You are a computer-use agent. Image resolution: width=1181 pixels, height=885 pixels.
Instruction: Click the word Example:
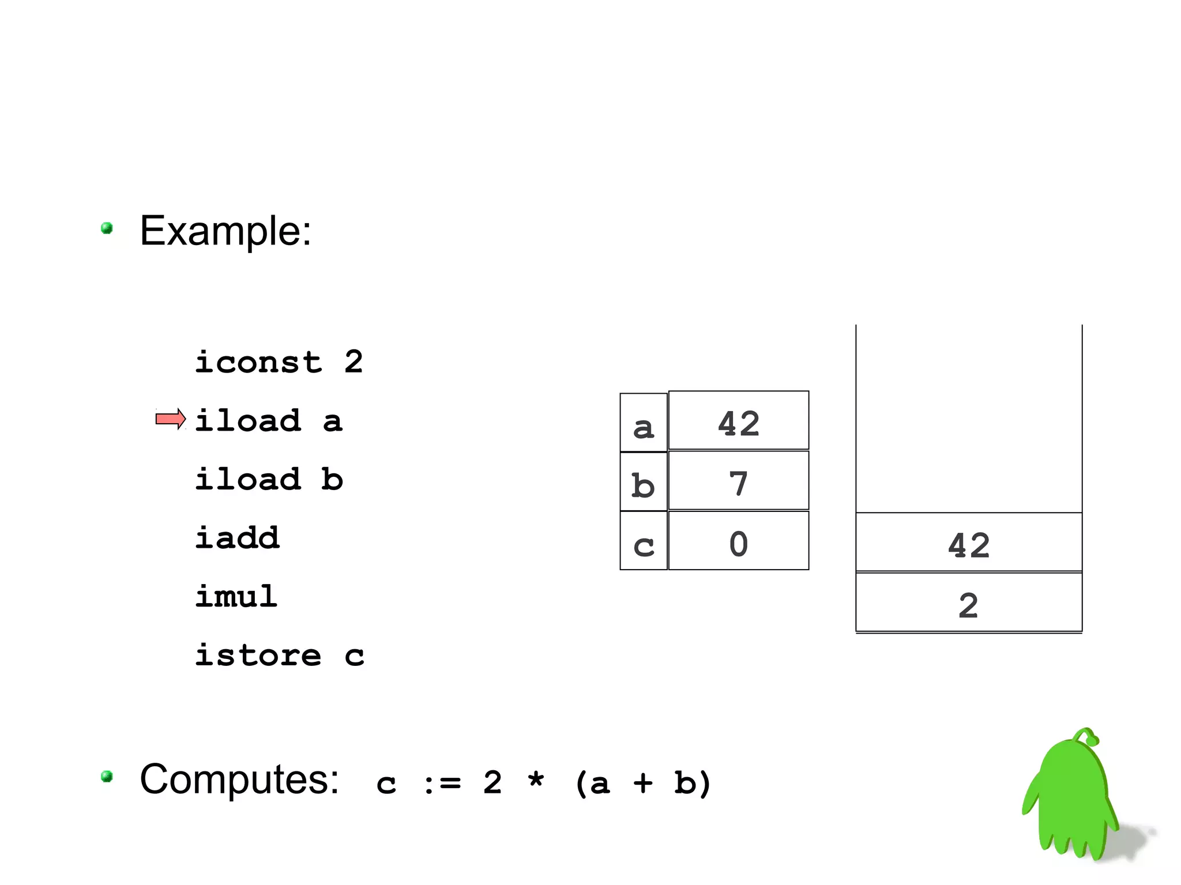click(225, 231)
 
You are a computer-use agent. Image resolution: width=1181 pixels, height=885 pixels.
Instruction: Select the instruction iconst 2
click(279, 363)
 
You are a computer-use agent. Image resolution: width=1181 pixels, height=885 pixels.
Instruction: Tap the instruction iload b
click(269, 480)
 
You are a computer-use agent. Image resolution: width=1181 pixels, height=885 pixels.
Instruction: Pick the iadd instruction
click(237, 538)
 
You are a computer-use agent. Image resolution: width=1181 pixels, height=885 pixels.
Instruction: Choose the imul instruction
click(236, 596)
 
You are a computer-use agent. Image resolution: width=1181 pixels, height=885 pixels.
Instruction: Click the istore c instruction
click(279, 656)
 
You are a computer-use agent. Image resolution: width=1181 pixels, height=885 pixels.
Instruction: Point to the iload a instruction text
click(269, 421)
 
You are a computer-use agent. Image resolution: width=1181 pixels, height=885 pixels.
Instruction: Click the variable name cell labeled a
click(644, 423)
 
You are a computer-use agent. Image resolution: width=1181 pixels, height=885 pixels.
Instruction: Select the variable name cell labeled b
click(644, 482)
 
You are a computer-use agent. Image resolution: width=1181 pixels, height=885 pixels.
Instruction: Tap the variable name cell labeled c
click(644, 541)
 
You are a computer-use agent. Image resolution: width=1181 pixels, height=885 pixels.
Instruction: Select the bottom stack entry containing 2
click(969, 603)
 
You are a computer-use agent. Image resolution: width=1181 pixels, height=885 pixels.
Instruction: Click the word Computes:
click(239, 779)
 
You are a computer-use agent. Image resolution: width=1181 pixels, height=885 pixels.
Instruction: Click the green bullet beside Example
click(107, 228)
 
